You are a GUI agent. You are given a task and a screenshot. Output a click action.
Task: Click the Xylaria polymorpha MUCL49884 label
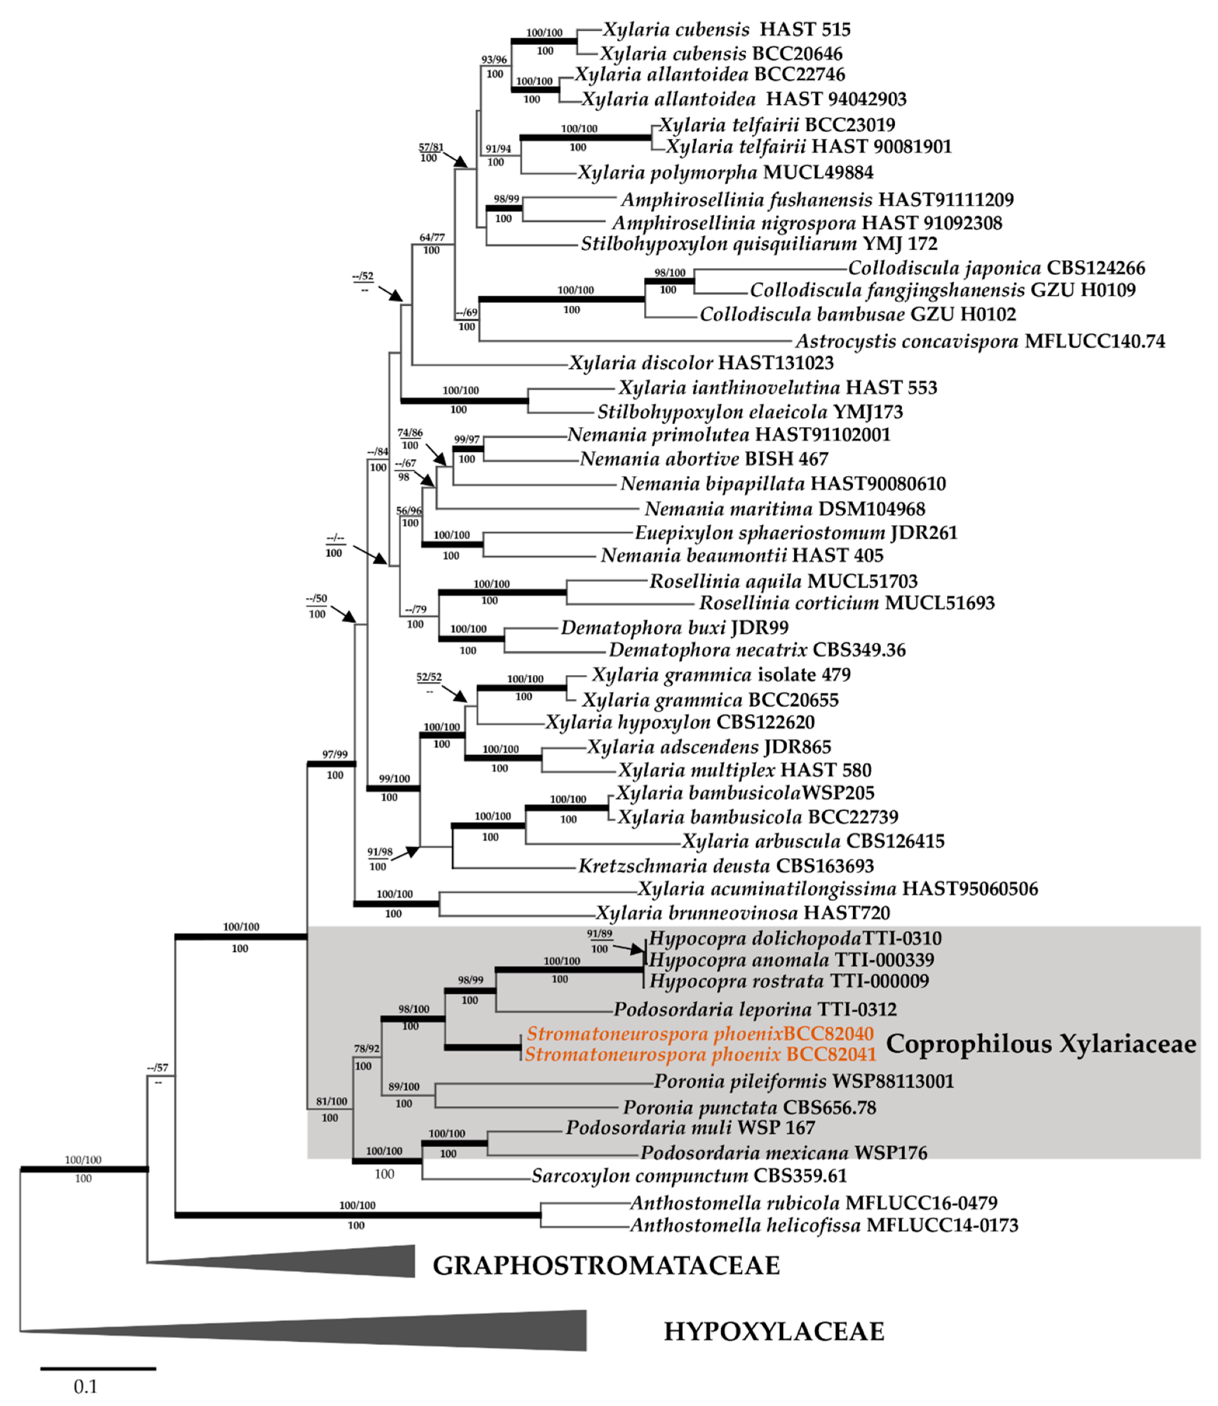click(x=725, y=172)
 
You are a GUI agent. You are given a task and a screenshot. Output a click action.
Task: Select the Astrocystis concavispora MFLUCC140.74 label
click(x=980, y=341)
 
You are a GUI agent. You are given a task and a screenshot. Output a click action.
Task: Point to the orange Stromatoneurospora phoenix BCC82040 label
click(x=700, y=1034)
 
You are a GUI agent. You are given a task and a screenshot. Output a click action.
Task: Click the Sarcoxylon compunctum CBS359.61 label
click(x=689, y=1176)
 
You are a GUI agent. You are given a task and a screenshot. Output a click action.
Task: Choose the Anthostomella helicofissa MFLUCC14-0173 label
click(x=824, y=1225)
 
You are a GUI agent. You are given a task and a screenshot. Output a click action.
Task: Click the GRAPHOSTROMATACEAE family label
click(x=606, y=1266)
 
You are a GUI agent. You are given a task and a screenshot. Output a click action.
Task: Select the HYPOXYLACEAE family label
click(x=774, y=1331)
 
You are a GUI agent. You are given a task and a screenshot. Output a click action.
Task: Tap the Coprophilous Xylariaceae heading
click(x=1040, y=1044)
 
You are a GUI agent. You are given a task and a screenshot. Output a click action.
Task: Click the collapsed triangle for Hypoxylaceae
click(x=408, y=1329)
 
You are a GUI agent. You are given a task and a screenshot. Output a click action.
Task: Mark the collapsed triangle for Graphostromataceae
click(x=326, y=1261)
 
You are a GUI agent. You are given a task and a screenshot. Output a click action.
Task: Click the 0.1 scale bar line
click(x=98, y=1368)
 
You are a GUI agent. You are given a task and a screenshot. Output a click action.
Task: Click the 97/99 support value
click(x=334, y=754)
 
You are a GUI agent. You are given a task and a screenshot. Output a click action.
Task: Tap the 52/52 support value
click(x=429, y=677)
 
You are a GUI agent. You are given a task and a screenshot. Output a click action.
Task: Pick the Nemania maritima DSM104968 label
click(x=785, y=509)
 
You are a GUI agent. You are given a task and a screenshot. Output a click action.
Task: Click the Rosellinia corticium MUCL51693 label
click(x=847, y=603)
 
